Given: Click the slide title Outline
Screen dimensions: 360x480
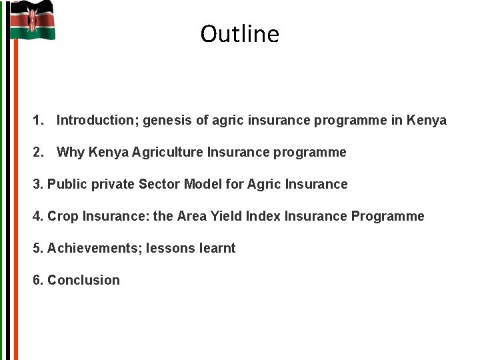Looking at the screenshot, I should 239,34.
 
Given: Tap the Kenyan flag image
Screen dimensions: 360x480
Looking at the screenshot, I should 33,21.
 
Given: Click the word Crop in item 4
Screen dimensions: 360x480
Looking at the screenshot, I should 63,216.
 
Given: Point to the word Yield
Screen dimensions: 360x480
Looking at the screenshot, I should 226,216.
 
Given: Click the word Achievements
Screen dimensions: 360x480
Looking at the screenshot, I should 93,249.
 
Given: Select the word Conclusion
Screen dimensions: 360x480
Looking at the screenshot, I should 83,281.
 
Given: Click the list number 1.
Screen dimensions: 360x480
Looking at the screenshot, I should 38,121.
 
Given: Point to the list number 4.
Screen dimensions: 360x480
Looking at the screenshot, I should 37,216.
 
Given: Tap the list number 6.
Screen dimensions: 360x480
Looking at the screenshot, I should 37,281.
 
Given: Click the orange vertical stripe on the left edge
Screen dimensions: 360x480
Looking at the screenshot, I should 15,200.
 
